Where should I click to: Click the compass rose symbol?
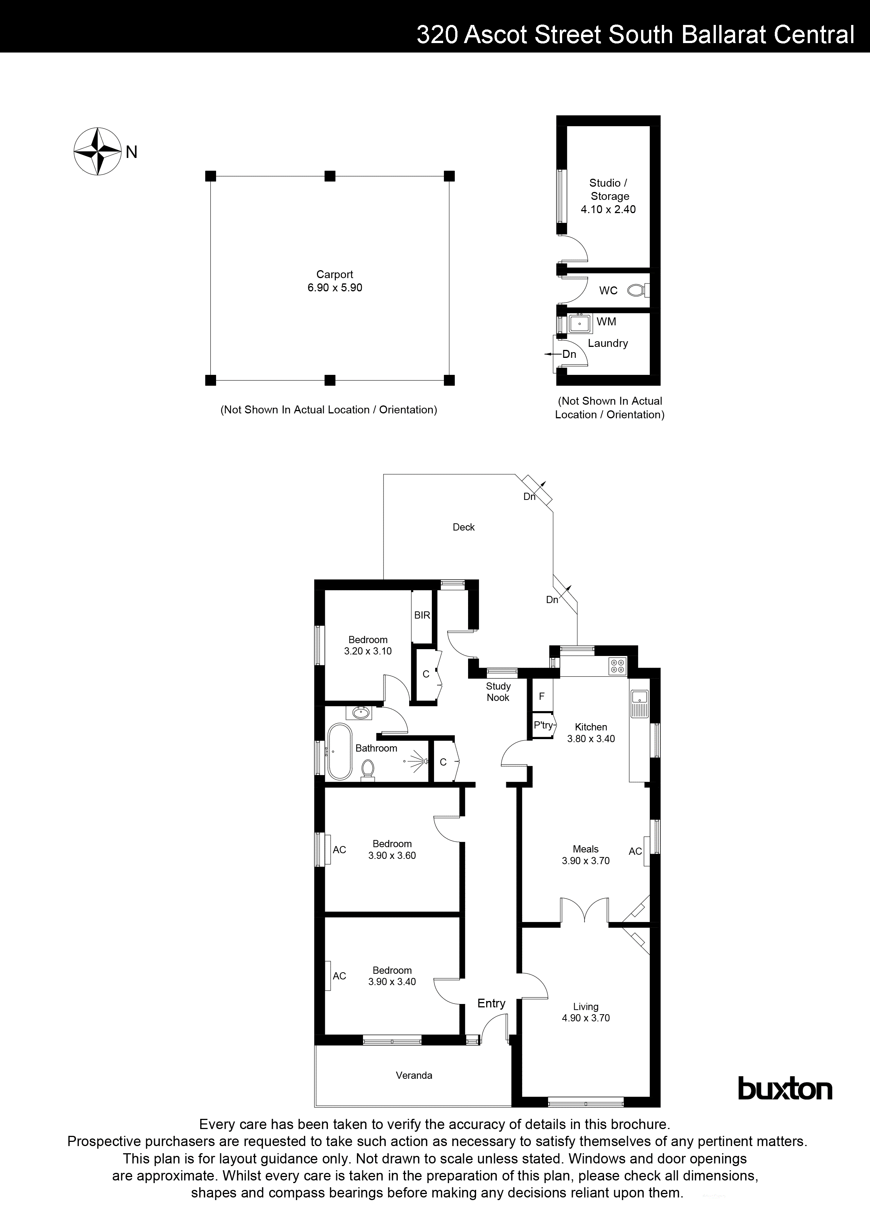pyautogui.click(x=96, y=152)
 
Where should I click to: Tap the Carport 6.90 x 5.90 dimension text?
pyautogui.click(x=335, y=288)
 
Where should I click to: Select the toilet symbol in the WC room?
pyautogui.click(x=636, y=291)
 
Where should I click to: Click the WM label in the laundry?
pyautogui.click(x=606, y=322)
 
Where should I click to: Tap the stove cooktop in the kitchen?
pyautogui.click(x=618, y=666)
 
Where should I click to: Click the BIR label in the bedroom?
pyautogui.click(x=422, y=615)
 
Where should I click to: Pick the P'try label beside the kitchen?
pyautogui.click(x=543, y=725)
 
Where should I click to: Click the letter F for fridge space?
pyautogui.click(x=542, y=696)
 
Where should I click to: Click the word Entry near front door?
pyautogui.click(x=491, y=1003)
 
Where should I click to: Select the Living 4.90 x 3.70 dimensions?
pyautogui.click(x=586, y=1018)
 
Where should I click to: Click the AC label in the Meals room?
pyautogui.click(x=635, y=851)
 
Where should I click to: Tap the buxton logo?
pyautogui.click(x=785, y=1089)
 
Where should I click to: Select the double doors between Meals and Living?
pyautogui.click(x=584, y=911)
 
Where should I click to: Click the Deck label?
pyautogui.click(x=464, y=527)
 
